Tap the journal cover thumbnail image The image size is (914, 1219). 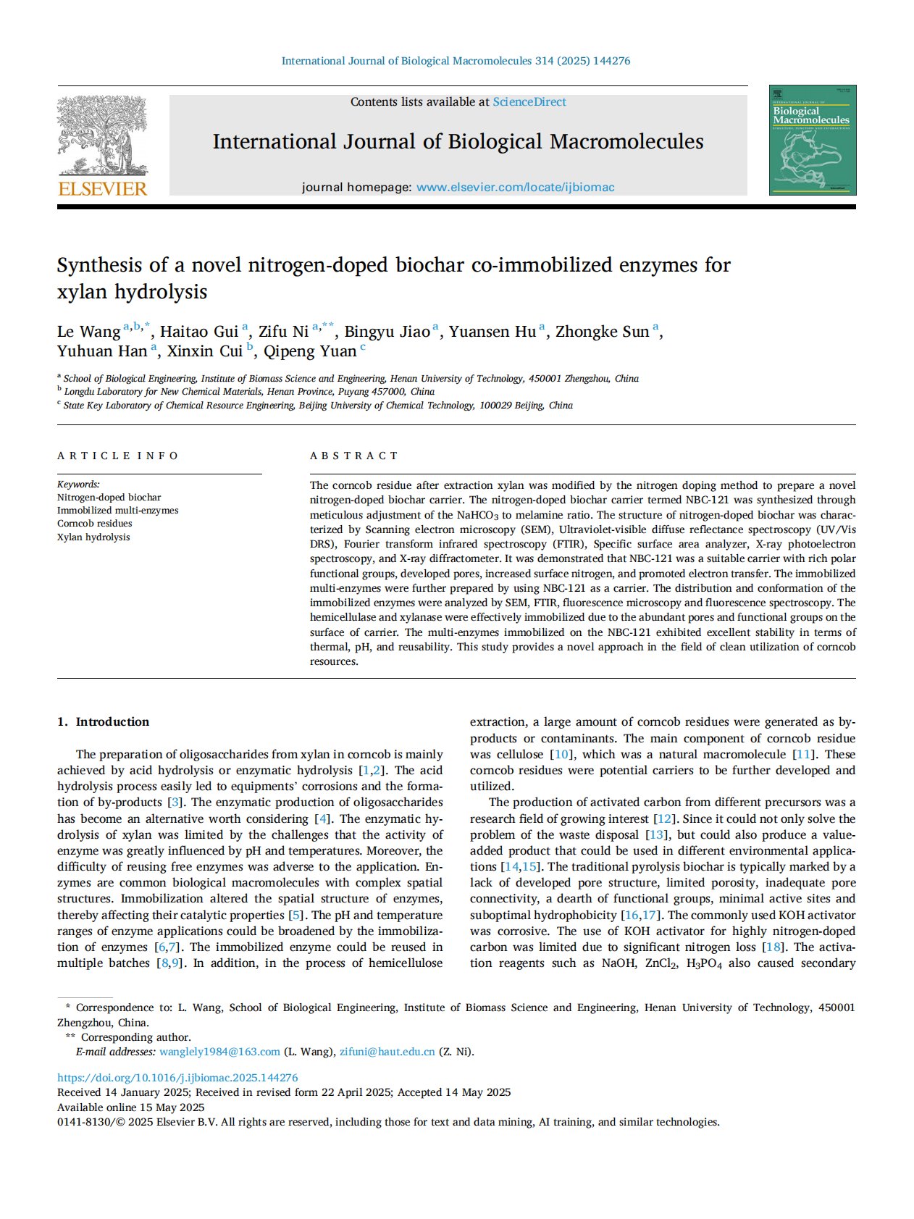click(812, 140)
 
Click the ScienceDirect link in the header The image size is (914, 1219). click(529, 102)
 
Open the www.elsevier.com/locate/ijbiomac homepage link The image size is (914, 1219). click(515, 188)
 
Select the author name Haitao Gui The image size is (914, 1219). click(199, 332)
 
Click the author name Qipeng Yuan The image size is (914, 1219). click(310, 351)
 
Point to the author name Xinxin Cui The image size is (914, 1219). click(205, 351)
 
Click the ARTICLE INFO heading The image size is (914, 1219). click(118, 456)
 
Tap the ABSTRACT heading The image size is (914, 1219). click(354, 456)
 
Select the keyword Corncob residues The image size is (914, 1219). click(95, 524)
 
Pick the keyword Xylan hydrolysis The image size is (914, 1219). click(93, 537)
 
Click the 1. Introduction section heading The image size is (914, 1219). click(104, 722)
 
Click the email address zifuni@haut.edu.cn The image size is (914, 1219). click(387, 1052)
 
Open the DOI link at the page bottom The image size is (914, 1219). click(177, 1078)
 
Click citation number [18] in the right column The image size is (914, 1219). click(773, 947)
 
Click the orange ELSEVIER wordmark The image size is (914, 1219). click(102, 189)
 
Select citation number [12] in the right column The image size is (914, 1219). click(663, 819)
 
